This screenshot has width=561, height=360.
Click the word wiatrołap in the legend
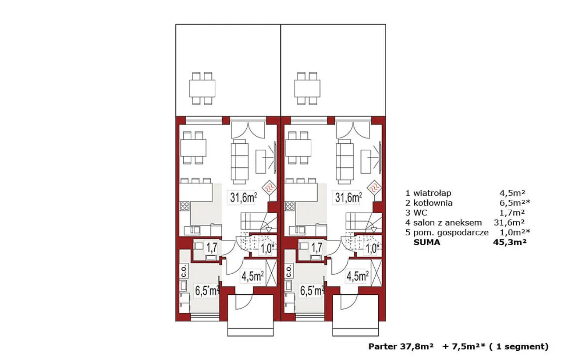432,193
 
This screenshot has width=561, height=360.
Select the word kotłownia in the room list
433,203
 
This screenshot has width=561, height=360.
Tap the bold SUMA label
427,242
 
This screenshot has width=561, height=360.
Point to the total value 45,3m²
510,242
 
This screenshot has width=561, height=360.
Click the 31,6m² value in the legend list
509,222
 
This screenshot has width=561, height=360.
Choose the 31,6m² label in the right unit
348,197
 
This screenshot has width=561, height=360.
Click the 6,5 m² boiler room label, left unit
207,291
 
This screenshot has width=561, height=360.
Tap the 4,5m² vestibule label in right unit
357,276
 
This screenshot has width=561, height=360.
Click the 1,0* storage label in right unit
372,249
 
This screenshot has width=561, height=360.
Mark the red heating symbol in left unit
269,188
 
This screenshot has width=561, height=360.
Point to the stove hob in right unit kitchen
290,206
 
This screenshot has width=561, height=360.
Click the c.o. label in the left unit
184,271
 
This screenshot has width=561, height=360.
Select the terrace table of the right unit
307,88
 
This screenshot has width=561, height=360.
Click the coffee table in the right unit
366,162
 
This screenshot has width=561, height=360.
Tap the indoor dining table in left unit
193,148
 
